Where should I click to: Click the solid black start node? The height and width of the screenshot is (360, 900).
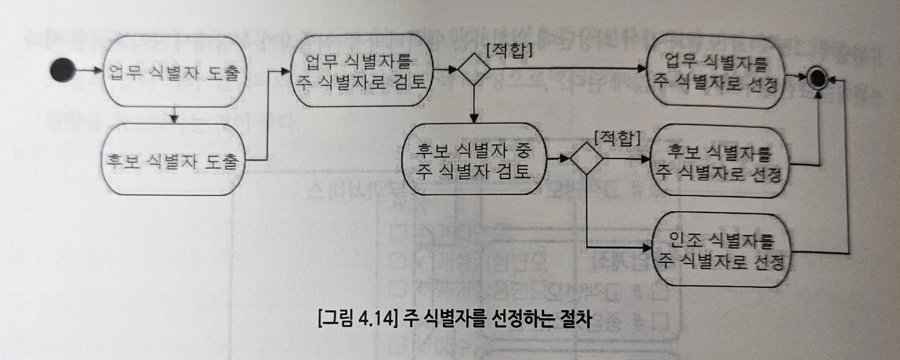click(x=63, y=70)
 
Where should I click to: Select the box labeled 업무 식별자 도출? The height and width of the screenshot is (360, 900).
click(x=174, y=72)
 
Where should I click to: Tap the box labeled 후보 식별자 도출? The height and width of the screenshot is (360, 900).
click(x=174, y=160)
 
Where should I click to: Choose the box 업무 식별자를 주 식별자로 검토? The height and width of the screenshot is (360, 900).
click(x=360, y=72)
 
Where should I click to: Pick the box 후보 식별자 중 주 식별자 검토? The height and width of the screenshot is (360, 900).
click(x=472, y=160)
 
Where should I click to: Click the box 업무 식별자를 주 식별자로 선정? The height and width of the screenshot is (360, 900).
click(x=716, y=72)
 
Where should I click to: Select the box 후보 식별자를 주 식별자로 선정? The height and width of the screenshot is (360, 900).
click(x=718, y=162)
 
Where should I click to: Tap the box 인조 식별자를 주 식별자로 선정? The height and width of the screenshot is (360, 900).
click(x=720, y=250)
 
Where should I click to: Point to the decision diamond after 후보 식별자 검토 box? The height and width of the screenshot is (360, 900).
click(x=586, y=159)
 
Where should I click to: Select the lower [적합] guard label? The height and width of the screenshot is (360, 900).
click(x=617, y=139)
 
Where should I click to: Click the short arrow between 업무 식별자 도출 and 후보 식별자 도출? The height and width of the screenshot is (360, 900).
click(x=174, y=115)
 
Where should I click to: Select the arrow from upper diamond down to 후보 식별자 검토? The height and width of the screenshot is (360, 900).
click(x=473, y=103)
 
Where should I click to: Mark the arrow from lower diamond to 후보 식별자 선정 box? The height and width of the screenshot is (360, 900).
click(x=625, y=160)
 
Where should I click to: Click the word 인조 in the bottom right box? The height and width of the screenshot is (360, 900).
click(x=685, y=241)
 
